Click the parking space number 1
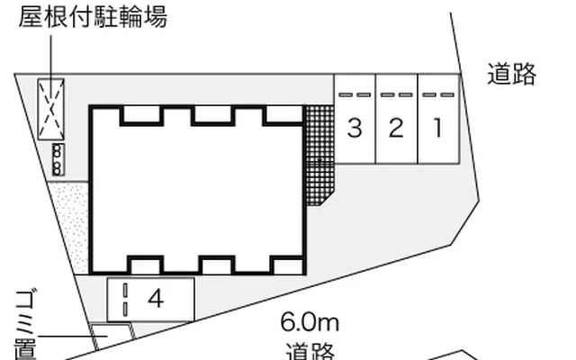437,129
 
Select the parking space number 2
396,129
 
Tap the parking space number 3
355,129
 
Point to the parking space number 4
156,299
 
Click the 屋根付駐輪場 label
93,18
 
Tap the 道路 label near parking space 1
511,74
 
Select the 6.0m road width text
310,322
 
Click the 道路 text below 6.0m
310,350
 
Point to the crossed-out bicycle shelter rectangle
51,110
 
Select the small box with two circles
58,160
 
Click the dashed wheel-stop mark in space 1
437,94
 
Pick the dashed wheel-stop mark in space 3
355,94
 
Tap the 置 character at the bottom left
24,349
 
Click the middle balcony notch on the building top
212,114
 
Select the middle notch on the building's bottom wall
216,265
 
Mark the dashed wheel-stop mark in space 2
396,94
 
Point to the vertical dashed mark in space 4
125,299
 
